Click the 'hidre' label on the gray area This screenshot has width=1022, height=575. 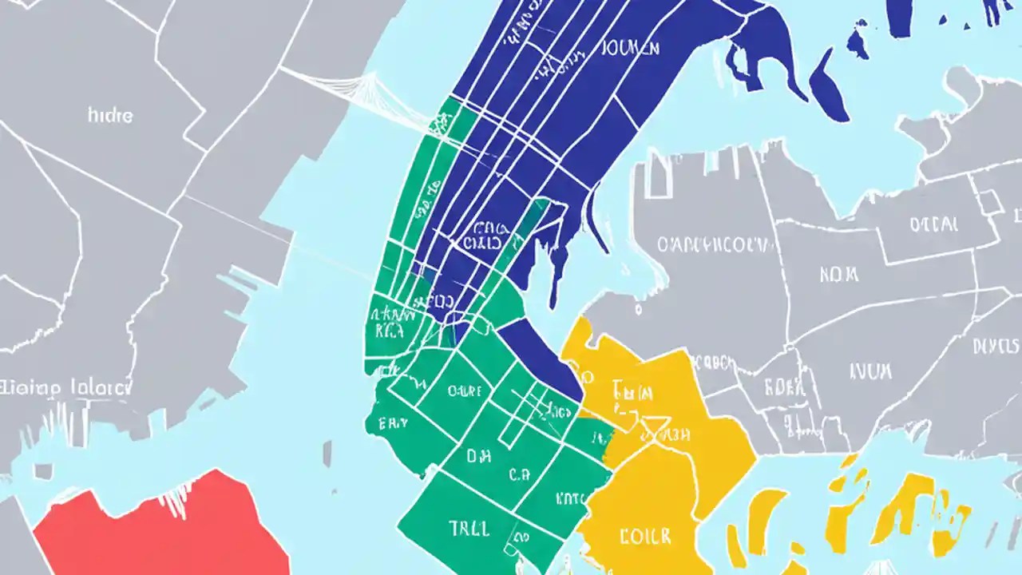(x=110, y=115)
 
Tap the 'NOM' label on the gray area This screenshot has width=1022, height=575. (x=838, y=274)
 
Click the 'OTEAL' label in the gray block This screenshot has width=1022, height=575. (x=933, y=224)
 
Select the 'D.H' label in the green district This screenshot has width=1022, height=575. (x=478, y=458)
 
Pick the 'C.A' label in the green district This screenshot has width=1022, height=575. (x=519, y=474)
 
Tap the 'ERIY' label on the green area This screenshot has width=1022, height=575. (x=394, y=423)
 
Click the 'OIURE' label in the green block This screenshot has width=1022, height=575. (x=464, y=391)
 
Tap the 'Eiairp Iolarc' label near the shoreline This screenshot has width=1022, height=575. (x=65, y=388)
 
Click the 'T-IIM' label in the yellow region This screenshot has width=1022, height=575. (x=633, y=391)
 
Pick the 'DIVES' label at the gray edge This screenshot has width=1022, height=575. (x=995, y=346)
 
